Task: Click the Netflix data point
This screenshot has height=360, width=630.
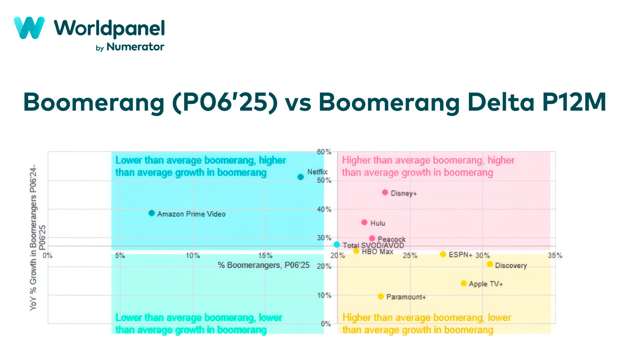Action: (300, 177)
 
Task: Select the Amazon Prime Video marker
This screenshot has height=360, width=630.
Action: (151, 213)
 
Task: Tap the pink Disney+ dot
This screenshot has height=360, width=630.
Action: (385, 192)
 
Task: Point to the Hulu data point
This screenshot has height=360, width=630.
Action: (364, 222)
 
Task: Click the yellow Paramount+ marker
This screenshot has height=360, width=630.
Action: (381, 296)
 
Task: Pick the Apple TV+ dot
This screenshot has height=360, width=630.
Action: (464, 283)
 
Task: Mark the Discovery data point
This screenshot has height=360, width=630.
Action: (490, 264)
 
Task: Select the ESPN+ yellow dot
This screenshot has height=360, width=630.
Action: (443, 254)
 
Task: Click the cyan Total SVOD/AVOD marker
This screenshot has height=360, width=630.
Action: (337, 244)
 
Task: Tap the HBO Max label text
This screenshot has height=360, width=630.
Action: (377, 252)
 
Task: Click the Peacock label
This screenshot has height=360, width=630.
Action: (391, 239)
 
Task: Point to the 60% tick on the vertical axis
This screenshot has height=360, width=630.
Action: (324, 152)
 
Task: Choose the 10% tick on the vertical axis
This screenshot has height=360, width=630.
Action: (324, 295)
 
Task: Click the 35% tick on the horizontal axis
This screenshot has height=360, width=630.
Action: (555, 255)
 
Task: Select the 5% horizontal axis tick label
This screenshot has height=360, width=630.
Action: (120, 255)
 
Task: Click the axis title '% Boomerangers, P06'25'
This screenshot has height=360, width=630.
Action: (263, 265)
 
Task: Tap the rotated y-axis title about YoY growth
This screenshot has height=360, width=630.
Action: (36, 238)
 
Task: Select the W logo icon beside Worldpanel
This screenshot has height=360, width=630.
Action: (29, 28)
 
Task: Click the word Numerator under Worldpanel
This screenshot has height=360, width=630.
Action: (135, 47)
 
